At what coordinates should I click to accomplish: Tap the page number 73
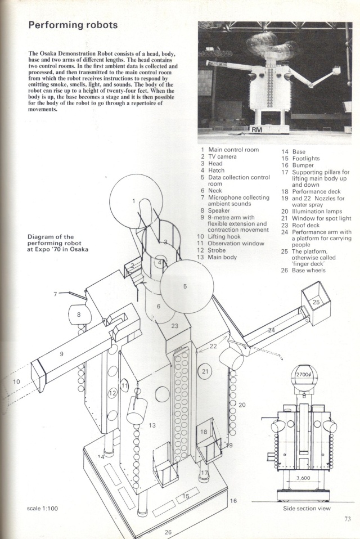click(347, 519)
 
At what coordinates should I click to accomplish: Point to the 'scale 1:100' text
click(43, 509)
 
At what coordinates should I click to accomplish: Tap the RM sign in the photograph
click(257, 129)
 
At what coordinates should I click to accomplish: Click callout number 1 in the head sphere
click(134, 200)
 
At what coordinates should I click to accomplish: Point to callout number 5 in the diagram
click(185, 286)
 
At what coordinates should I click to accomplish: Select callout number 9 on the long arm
click(61, 353)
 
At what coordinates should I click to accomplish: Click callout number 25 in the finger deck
click(316, 302)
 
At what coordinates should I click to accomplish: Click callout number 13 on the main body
click(152, 426)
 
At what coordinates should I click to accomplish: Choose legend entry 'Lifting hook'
click(225, 236)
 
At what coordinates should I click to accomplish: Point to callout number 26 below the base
click(168, 531)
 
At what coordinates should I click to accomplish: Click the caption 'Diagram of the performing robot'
click(58, 243)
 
